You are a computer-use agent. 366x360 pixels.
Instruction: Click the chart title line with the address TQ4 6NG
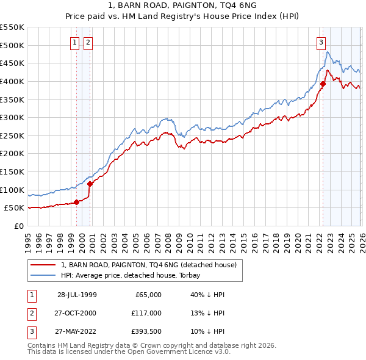tap(182, 6)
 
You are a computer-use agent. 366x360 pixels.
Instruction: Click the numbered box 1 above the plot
tap(74, 42)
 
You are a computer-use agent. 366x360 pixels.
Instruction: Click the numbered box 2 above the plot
tap(88, 42)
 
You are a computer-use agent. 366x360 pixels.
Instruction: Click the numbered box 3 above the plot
tap(320, 42)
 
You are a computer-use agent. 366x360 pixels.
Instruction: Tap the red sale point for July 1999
tap(77, 203)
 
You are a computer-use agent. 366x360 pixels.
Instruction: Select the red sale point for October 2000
tap(90, 183)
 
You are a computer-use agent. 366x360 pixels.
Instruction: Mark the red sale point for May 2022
tap(323, 84)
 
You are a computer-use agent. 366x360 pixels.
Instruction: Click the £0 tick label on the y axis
tap(18, 226)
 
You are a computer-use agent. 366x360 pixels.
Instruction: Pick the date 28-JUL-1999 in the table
tap(77, 295)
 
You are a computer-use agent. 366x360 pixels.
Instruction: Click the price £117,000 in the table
tap(146, 313)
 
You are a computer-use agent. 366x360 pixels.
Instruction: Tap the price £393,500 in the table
tap(146, 331)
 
